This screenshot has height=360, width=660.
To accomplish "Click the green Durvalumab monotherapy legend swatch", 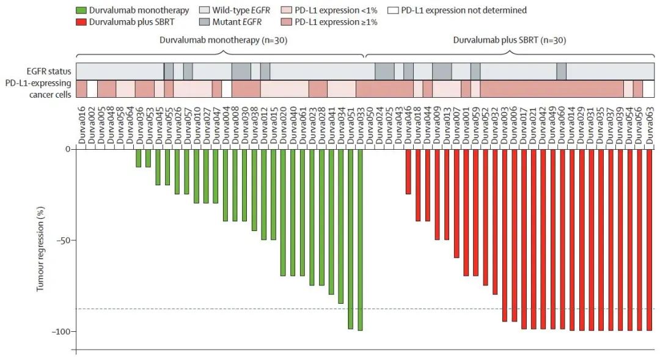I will [x=80, y=10].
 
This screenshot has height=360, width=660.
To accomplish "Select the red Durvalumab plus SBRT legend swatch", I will [x=80, y=22].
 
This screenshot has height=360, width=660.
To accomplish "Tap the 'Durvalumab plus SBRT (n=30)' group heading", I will [x=508, y=41].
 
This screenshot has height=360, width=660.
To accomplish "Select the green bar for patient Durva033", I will [x=360, y=240].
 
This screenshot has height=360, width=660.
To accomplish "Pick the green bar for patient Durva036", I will [x=139, y=158].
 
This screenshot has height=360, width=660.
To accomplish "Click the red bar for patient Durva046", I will [x=408, y=172].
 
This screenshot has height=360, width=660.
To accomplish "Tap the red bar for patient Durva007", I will [x=456, y=204].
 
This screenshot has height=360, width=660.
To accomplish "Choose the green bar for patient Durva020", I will [x=283, y=213].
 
